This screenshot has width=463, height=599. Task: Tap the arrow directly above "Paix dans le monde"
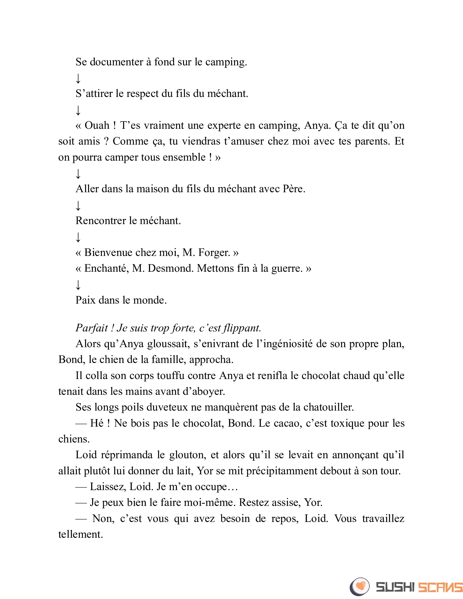coord(78,285)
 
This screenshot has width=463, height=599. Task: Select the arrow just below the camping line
coord(78,78)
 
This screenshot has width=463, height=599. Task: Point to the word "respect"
coord(143,94)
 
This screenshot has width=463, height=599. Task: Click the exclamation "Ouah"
coord(97,126)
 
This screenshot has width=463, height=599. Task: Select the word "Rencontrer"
coord(101,221)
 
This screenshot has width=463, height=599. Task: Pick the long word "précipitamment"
coord(281,471)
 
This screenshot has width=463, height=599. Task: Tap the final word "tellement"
coord(81,534)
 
